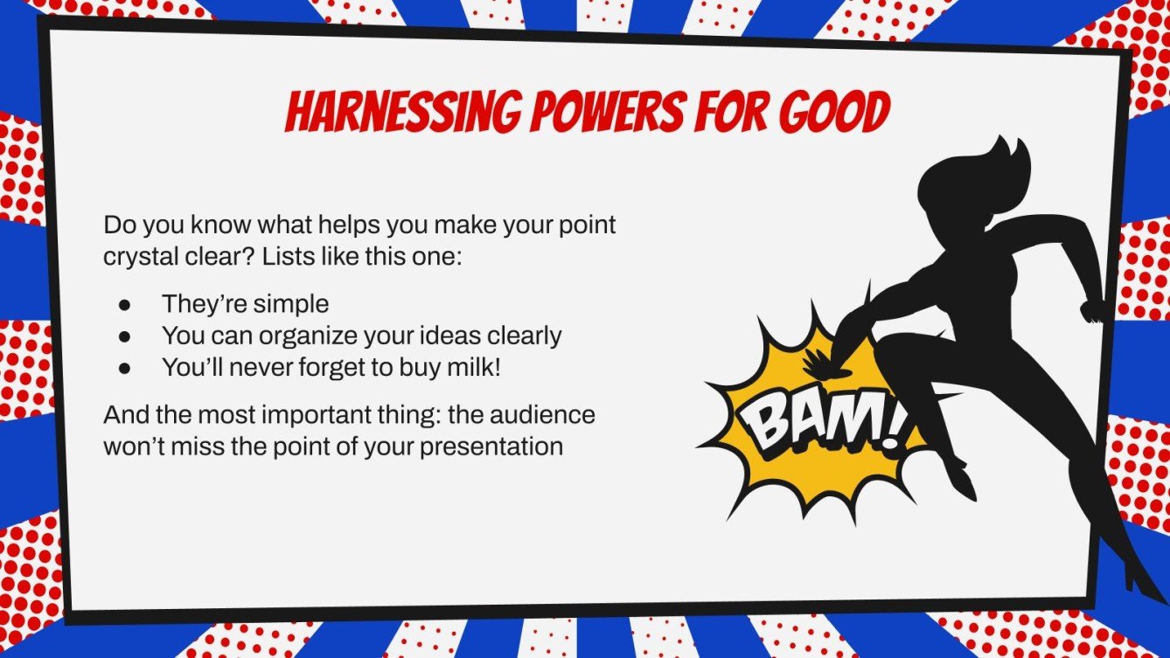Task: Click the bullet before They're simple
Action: click(x=124, y=305)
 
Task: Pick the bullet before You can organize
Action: click(x=124, y=336)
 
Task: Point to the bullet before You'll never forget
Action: click(x=124, y=368)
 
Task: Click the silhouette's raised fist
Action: click(x=1090, y=309)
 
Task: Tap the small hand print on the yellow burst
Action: click(x=817, y=363)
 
